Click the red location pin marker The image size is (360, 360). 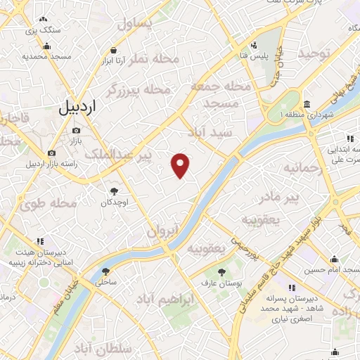tap(181, 165)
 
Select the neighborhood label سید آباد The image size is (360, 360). tap(209, 132)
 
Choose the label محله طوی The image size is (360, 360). tap(48, 205)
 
